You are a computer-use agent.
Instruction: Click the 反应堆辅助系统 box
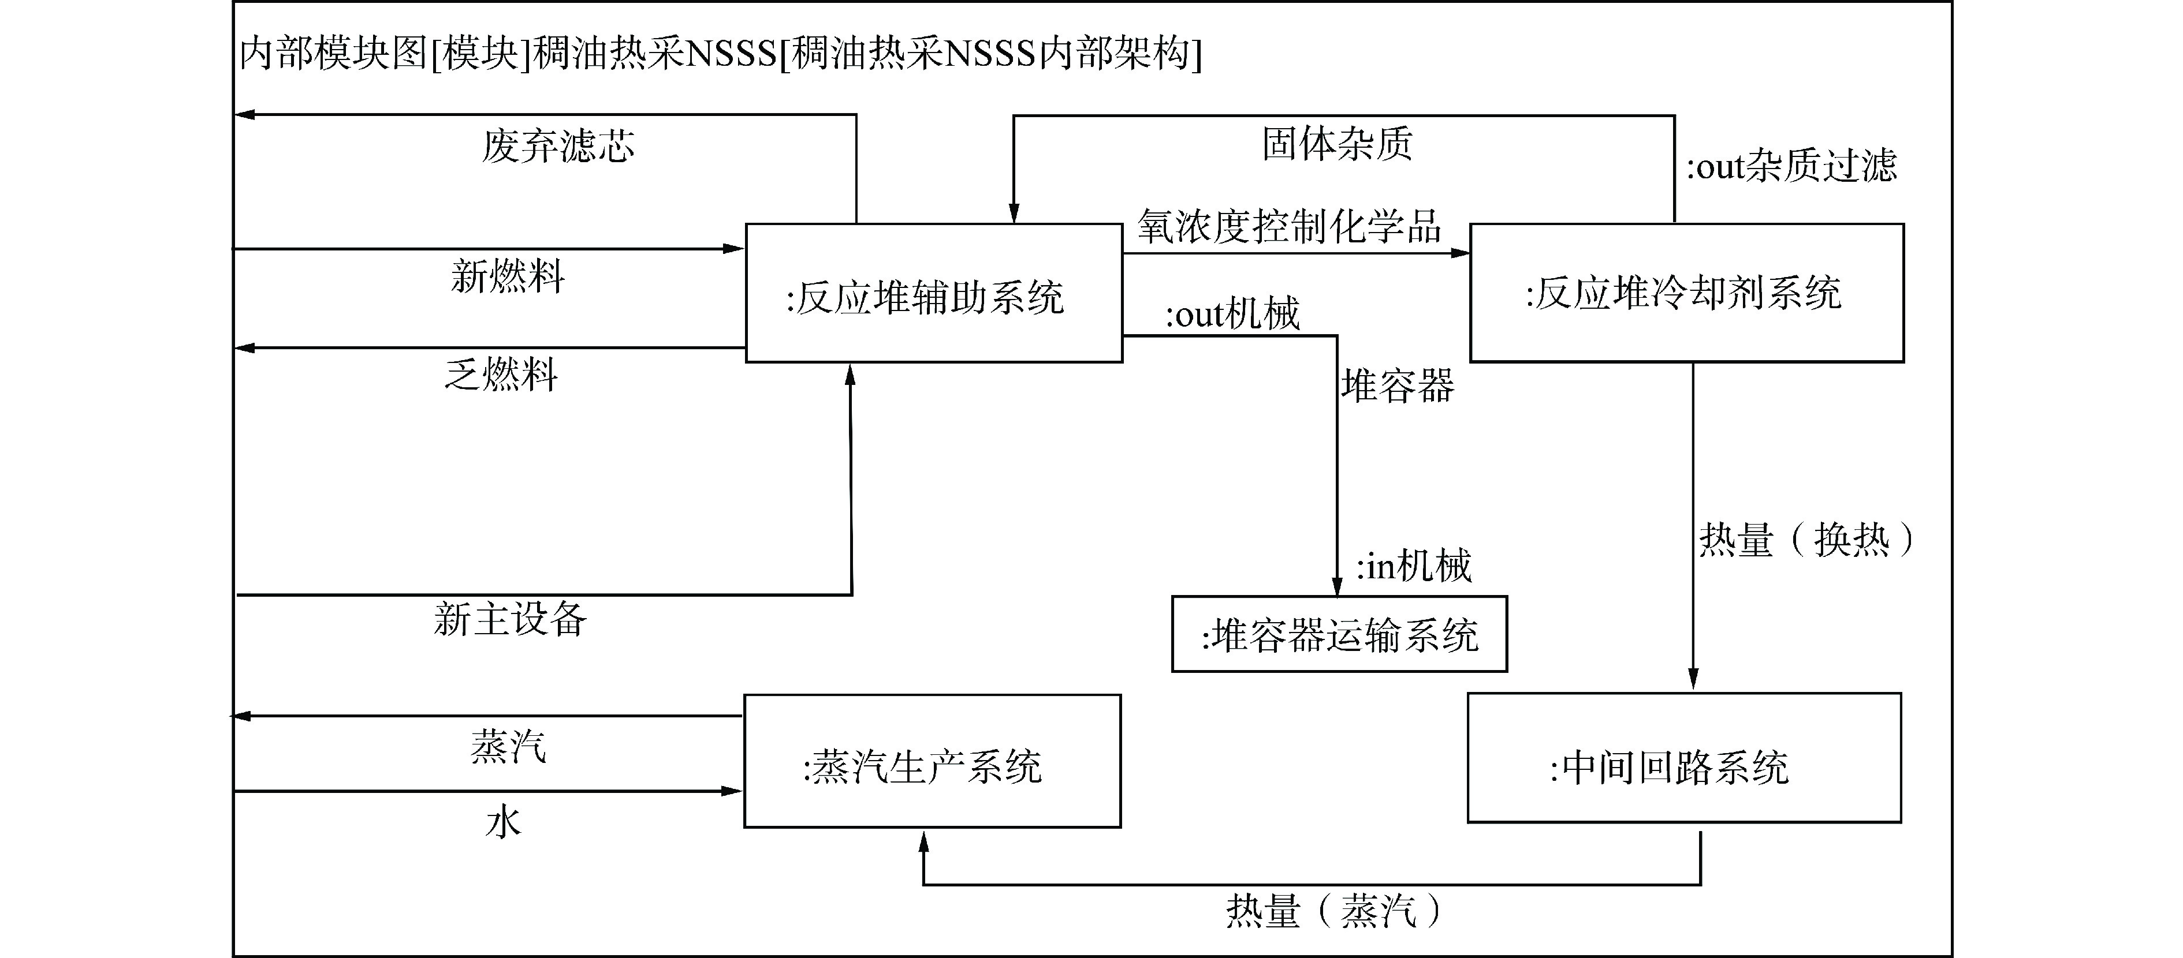pos(933,293)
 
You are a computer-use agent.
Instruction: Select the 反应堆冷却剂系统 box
pos(1686,293)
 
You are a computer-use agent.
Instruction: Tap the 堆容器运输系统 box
pos(1339,634)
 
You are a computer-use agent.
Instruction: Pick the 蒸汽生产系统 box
pos(932,761)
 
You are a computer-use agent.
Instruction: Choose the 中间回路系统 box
pos(1684,758)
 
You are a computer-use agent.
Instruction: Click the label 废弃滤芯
pos(558,145)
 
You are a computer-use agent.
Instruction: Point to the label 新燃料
pos(508,276)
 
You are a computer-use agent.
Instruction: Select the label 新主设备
pos(510,619)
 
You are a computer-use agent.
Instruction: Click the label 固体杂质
pos(1338,143)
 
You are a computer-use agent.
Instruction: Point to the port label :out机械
pos(1232,315)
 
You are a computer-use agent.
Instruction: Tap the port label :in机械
pos(1414,566)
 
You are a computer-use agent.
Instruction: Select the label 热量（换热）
pos(1805,540)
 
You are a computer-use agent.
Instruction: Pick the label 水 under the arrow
pos(504,822)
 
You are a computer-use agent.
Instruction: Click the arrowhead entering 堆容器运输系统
pos(1338,586)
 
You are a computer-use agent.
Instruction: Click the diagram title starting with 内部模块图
pos(720,53)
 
